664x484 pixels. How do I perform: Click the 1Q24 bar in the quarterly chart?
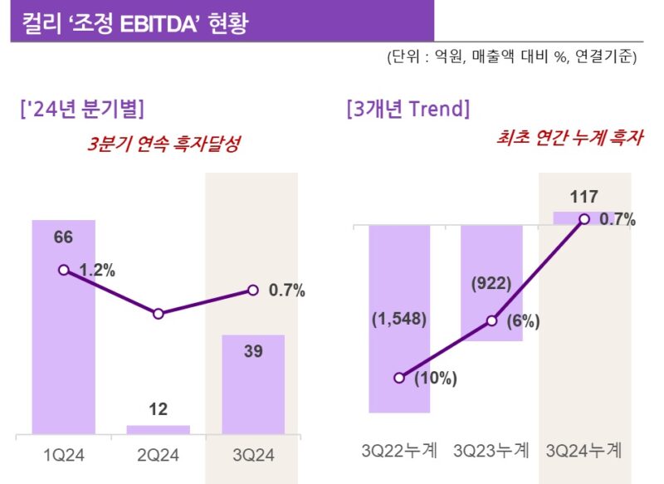click(64, 327)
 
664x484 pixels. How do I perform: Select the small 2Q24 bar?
click(159, 430)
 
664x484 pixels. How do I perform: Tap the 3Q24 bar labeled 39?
click(253, 384)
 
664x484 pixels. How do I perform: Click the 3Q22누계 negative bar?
click(399, 319)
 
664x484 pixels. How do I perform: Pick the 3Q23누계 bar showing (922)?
click(491, 283)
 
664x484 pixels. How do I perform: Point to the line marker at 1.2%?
click(64, 270)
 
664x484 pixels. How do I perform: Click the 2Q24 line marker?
click(159, 314)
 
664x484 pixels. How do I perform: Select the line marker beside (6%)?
click(491, 321)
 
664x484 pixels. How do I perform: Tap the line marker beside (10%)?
click(399, 378)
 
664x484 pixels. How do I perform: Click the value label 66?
click(64, 237)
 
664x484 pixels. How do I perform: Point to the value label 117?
click(584, 197)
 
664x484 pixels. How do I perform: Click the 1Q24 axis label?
click(64, 455)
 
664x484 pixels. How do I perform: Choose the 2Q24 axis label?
click(159, 455)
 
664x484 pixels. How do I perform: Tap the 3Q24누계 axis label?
click(584, 450)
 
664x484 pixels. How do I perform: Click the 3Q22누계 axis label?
click(399, 450)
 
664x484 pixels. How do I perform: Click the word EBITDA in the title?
click(159, 24)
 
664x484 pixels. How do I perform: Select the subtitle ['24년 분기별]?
click(82, 109)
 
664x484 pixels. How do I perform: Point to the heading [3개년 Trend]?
click(408, 109)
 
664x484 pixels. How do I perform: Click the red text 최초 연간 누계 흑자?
click(569, 138)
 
